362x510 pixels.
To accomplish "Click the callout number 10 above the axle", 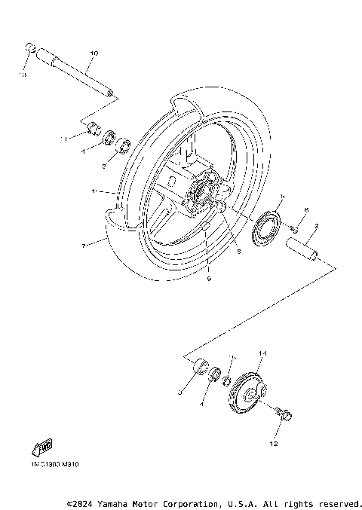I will [x=94, y=53].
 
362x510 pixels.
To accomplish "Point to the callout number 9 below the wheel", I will [x=209, y=279].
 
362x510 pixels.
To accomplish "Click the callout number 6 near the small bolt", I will [x=306, y=210].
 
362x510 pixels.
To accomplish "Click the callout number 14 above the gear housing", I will [x=263, y=353].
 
